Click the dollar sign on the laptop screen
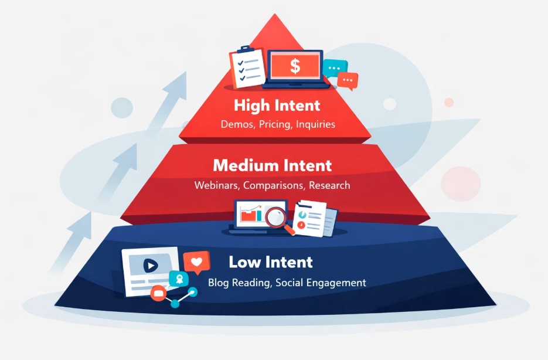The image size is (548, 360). coord(295,66)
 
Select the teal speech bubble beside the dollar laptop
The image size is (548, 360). coord(335,68)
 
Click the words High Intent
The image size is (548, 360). coord(277,106)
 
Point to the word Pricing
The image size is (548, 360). coord(276,124)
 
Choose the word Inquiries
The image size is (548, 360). coord(315,124)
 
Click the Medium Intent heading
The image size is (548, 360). coord(272,165)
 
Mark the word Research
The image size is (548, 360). coord(331,185)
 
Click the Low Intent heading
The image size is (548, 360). coord(271,261)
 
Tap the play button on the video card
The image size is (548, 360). coord(151,266)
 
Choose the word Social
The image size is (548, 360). coord(290,283)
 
